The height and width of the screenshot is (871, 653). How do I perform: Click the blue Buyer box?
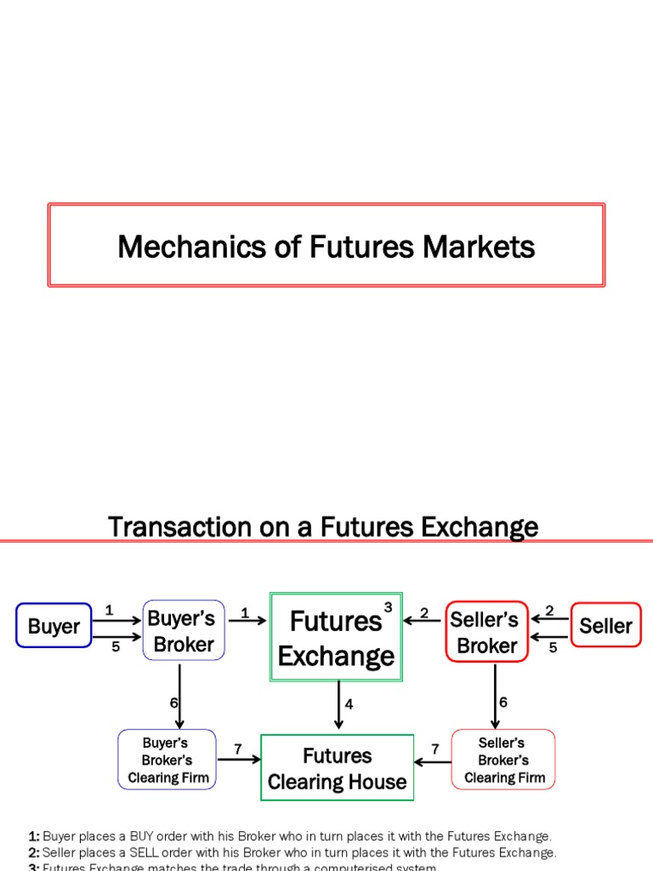54,626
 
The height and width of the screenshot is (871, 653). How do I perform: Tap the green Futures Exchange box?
336,637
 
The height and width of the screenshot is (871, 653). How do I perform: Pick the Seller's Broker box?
486,632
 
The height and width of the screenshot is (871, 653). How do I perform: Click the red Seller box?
605,626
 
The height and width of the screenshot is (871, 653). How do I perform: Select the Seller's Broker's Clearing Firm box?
503,760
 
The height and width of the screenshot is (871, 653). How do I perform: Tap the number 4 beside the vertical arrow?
349,705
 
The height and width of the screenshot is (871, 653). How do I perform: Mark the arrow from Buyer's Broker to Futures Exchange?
247,621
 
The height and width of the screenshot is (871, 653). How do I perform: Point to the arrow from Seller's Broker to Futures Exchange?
423,621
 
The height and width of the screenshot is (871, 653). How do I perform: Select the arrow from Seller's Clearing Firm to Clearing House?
432,761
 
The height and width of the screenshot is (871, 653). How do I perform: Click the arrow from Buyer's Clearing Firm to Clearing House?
239,760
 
